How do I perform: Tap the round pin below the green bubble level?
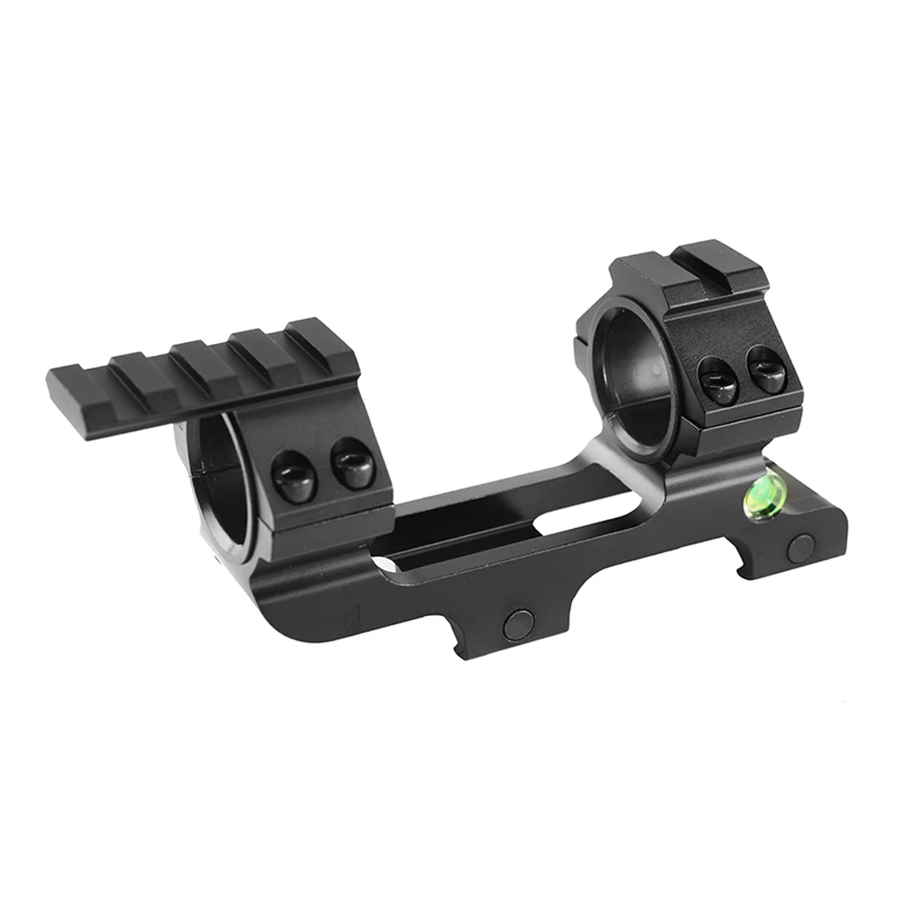coord(802,543)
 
